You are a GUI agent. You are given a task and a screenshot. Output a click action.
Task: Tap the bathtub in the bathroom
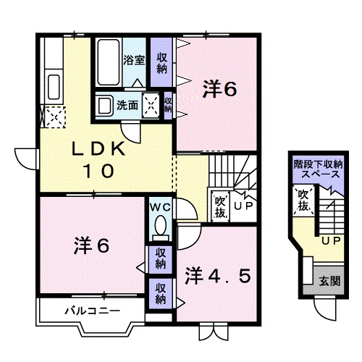click(108, 62)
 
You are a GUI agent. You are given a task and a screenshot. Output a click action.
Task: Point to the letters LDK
click(99, 150)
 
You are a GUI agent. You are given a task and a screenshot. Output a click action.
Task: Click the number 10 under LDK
click(99, 172)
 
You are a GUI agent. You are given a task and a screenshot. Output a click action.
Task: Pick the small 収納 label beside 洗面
click(168, 105)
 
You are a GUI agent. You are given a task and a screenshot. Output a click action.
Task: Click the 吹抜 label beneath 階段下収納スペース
click(303, 200)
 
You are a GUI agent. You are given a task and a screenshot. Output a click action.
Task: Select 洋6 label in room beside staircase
click(219, 90)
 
